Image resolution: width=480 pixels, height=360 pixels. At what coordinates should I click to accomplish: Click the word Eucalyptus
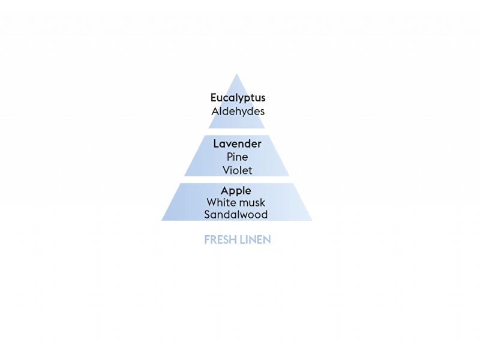click(x=238, y=98)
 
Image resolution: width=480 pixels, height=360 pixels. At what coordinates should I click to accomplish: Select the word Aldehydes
click(x=238, y=111)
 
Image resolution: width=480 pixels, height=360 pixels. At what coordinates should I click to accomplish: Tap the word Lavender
click(x=237, y=143)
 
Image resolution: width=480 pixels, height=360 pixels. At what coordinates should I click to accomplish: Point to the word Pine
click(x=237, y=157)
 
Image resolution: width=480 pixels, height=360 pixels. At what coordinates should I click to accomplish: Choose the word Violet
click(x=237, y=170)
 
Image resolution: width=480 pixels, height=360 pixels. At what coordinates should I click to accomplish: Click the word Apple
click(x=236, y=191)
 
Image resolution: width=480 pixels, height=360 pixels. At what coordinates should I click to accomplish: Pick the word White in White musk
click(x=218, y=202)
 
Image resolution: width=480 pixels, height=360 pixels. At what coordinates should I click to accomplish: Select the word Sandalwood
click(x=236, y=215)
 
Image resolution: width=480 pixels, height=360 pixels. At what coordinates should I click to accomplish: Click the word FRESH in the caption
click(x=220, y=239)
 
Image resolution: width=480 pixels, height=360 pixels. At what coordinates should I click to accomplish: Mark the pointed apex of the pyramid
click(x=236, y=74)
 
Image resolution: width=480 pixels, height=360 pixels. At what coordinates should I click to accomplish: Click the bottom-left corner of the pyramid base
click(x=161, y=220)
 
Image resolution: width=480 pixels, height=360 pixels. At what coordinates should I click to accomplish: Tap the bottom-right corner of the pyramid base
click(x=312, y=220)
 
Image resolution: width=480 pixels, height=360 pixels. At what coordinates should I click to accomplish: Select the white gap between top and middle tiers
click(x=236, y=131)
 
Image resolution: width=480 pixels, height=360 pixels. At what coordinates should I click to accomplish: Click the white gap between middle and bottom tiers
click(x=236, y=179)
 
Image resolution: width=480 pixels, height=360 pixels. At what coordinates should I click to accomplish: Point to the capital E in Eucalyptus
click(x=214, y=98)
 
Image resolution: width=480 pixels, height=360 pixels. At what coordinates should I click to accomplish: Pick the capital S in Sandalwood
click(x=207, y=215)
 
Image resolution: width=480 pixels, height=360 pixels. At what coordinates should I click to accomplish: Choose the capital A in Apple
click(x=225, y=190)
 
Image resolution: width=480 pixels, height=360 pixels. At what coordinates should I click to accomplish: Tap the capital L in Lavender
click(x=216, y=143)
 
